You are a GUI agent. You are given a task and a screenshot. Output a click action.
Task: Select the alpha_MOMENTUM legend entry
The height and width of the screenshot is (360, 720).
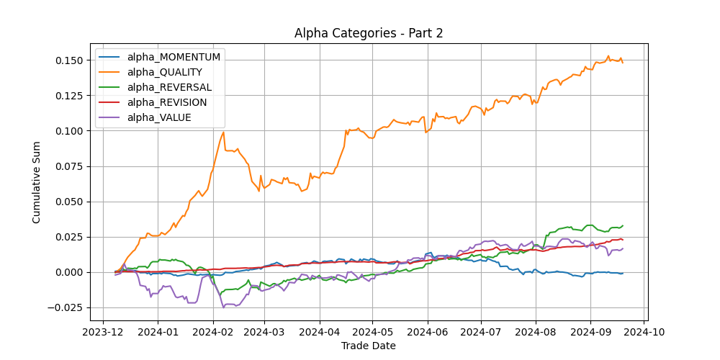[x=174, y=57]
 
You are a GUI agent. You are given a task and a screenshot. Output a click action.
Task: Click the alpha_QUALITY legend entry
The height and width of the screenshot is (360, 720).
[x=164, y=72]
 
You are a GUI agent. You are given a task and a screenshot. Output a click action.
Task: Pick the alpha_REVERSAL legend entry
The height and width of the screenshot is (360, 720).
[x=169, y=87]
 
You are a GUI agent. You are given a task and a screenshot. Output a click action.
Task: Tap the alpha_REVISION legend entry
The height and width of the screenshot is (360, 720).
[x=167, y=102]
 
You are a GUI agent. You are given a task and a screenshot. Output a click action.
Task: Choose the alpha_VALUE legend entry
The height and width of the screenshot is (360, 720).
[x=159, y=117]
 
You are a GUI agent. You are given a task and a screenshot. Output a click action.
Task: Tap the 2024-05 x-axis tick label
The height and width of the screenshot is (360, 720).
[x=372, y=333]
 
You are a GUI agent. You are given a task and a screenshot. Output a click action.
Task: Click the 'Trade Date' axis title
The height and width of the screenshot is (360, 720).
[x=369, y=346]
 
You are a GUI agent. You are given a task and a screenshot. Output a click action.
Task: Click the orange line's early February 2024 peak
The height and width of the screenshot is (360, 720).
[x=224, y=132]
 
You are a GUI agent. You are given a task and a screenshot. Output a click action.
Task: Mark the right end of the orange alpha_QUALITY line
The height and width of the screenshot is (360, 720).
[x=623, y=63]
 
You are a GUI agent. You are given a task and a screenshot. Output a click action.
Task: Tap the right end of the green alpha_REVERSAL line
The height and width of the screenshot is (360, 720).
[x=623, y=225]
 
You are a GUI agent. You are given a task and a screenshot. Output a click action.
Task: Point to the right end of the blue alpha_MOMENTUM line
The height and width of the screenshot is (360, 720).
[x=623, y=274]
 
